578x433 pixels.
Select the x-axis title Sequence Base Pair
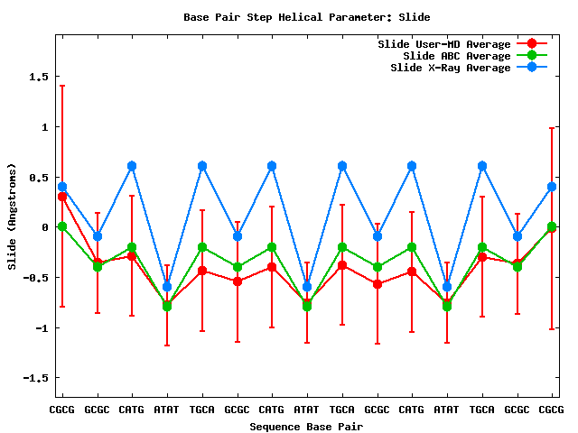(x=306, y=426)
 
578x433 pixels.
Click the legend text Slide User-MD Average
(x=457, y=44)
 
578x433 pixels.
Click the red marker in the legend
(x=532, y=44)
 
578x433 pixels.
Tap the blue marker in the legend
(x=532, y=68)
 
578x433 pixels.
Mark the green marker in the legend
(x=532, y=56)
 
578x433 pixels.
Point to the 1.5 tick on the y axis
(x=38, y=77)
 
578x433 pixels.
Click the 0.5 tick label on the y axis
(x=38, y=177)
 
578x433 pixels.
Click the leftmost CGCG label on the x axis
(x=61, y=410)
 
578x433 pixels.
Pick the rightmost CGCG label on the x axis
(x=552, y=410)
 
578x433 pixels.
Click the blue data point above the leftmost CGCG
(x=61, y=187)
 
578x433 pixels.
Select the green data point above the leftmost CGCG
(x=61, y=226)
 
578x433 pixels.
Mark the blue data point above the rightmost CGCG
(x=552, y=187)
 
